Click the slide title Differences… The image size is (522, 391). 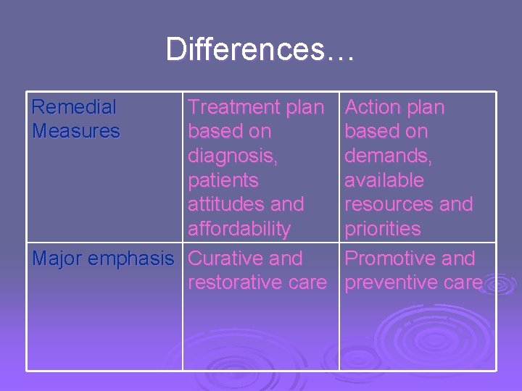tap(260, 50)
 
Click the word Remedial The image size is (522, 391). tap(73, 107)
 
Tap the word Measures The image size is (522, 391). tap(75, 132)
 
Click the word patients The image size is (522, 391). tap(223, 180)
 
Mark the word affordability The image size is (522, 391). tap(239, 229)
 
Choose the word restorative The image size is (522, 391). tap(236, 282)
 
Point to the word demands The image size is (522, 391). tap(385, 156)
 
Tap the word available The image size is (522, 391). tap(384, 180)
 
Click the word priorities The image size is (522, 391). tap(382, 229)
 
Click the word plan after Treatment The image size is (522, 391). tap(305, 108)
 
